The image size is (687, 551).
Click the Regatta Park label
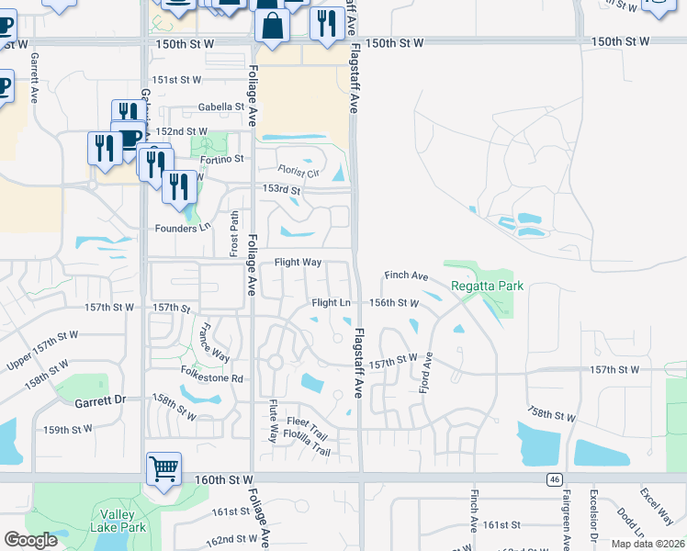tap(487, 286)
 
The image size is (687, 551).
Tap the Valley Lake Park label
tap(118, 522)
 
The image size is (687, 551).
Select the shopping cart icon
tap(163, 469)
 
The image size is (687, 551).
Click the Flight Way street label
tap(298, 263)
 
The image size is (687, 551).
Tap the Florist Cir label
tap(299, 171)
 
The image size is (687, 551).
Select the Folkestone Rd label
tap(211, 378)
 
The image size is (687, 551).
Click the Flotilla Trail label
tap(306, 450)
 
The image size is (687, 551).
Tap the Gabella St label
tap(220, 107)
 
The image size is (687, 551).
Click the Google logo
tap(30, 540)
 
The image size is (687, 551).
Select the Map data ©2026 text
tap(648, 544)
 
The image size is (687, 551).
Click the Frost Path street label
tap(235, 233)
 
